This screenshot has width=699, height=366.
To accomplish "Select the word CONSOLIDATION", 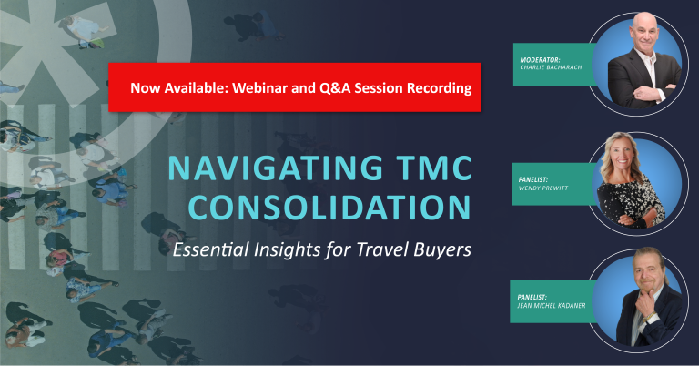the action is click(x=329, y=208).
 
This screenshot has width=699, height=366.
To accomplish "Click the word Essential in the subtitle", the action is click(x=211, y=249).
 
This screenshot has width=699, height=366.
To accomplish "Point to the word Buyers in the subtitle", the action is click(x=442, y=249).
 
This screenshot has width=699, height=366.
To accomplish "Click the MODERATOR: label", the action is click(x=540, y=60).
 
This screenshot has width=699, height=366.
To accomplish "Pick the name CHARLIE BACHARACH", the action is click(x=551, y=67).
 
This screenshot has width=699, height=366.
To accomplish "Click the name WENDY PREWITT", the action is click(x=543, y=188).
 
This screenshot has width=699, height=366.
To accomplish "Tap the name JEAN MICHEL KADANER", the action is click(x=552, y=305).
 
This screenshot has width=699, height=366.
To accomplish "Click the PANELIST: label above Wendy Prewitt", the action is click(x=532, y=179).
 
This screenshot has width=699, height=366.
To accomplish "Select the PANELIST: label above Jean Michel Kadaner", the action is click(x=532, y=297).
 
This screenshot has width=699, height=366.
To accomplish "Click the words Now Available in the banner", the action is click(x=179, y=87).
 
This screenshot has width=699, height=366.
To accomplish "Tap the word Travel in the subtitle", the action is click(x=383, y=249).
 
